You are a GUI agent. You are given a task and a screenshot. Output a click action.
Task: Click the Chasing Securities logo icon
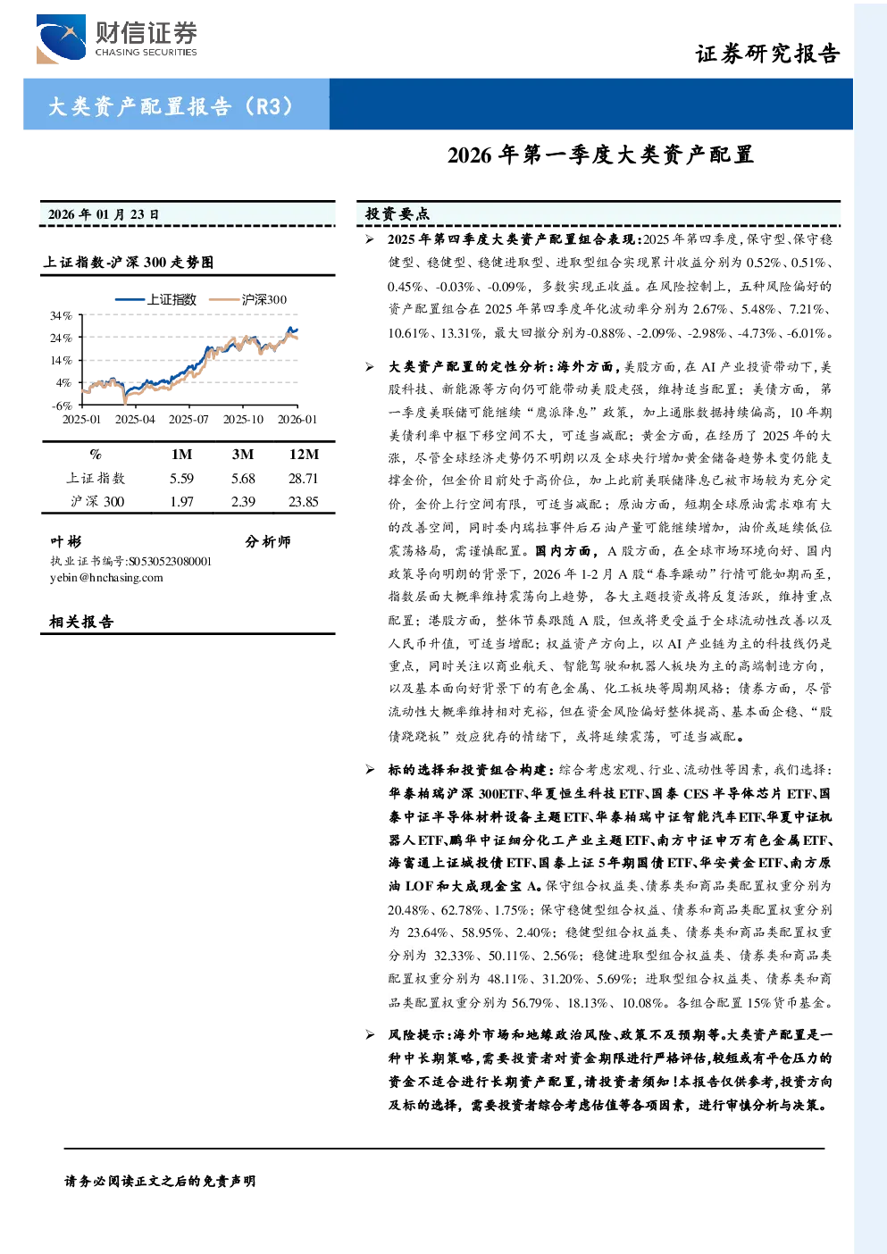click(61, 38)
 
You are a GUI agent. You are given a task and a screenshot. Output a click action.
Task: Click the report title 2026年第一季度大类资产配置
click(600, 155)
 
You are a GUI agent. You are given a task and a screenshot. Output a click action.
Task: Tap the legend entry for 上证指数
click(156, 299)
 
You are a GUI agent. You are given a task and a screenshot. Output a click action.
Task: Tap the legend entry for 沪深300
click(248, 299)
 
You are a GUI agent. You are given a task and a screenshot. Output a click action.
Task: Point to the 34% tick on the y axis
click(61, 316)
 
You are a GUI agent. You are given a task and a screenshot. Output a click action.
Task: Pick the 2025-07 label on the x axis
click(188, 419)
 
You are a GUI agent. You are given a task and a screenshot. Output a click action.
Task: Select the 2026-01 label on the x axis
click(297, 419)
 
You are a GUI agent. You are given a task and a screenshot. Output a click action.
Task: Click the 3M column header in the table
click(243, 455)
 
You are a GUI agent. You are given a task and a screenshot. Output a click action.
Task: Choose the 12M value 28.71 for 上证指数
click(303, 479)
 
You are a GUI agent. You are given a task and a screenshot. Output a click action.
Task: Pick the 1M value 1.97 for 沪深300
click(182, 502)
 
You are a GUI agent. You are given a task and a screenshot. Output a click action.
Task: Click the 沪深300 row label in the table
click(97, 502)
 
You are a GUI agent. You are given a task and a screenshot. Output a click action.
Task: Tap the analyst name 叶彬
click(66, 541)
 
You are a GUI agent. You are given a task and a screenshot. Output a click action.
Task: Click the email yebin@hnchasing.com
click(106, 578)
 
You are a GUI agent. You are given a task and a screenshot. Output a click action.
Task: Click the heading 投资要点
click(397, 213)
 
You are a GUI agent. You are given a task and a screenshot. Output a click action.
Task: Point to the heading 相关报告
click(81, 622)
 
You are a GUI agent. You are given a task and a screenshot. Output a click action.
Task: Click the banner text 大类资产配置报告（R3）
click(171, 106)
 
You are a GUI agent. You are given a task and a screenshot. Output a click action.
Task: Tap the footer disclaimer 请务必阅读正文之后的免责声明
click(160, 1182)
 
